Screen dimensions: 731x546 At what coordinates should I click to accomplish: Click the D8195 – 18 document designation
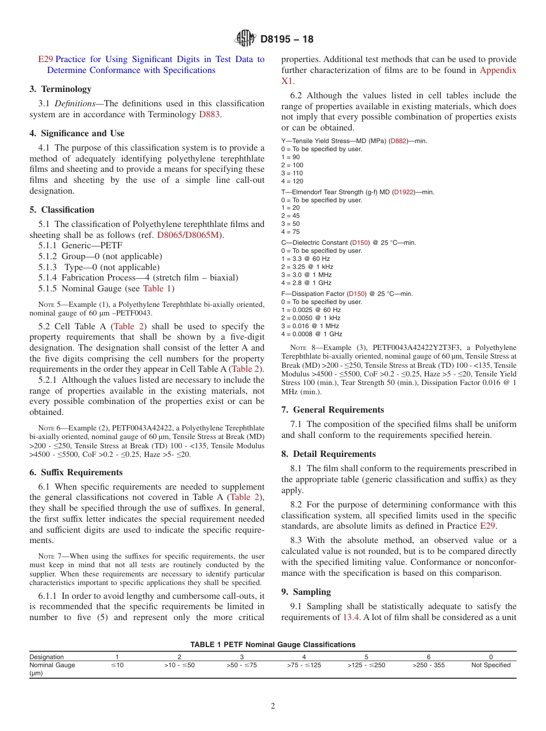coord(287,39)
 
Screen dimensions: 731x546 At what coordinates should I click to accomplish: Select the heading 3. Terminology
coord(60,89)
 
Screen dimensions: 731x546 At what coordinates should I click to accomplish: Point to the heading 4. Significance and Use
coord(77,133)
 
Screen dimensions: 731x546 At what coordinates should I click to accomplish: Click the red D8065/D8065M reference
coord(187,235)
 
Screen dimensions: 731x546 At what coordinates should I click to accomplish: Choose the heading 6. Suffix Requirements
coord(76,472)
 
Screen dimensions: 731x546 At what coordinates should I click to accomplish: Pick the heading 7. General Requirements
coord(332,410)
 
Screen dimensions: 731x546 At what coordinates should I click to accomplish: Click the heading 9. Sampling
coord(306,591)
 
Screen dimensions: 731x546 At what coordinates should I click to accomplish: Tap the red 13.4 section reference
coord(351,617)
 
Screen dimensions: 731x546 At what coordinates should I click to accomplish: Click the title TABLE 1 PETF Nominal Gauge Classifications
coord(272,645)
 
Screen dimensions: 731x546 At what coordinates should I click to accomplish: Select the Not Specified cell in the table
coord(490,665)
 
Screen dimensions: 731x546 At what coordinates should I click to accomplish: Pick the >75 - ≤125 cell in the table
coord(303,665)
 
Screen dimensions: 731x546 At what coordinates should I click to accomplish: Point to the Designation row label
coord(47,657)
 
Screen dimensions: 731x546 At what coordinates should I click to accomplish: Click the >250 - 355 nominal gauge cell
coord(428,665)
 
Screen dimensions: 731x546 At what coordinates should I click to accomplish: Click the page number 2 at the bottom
coord(273,706)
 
